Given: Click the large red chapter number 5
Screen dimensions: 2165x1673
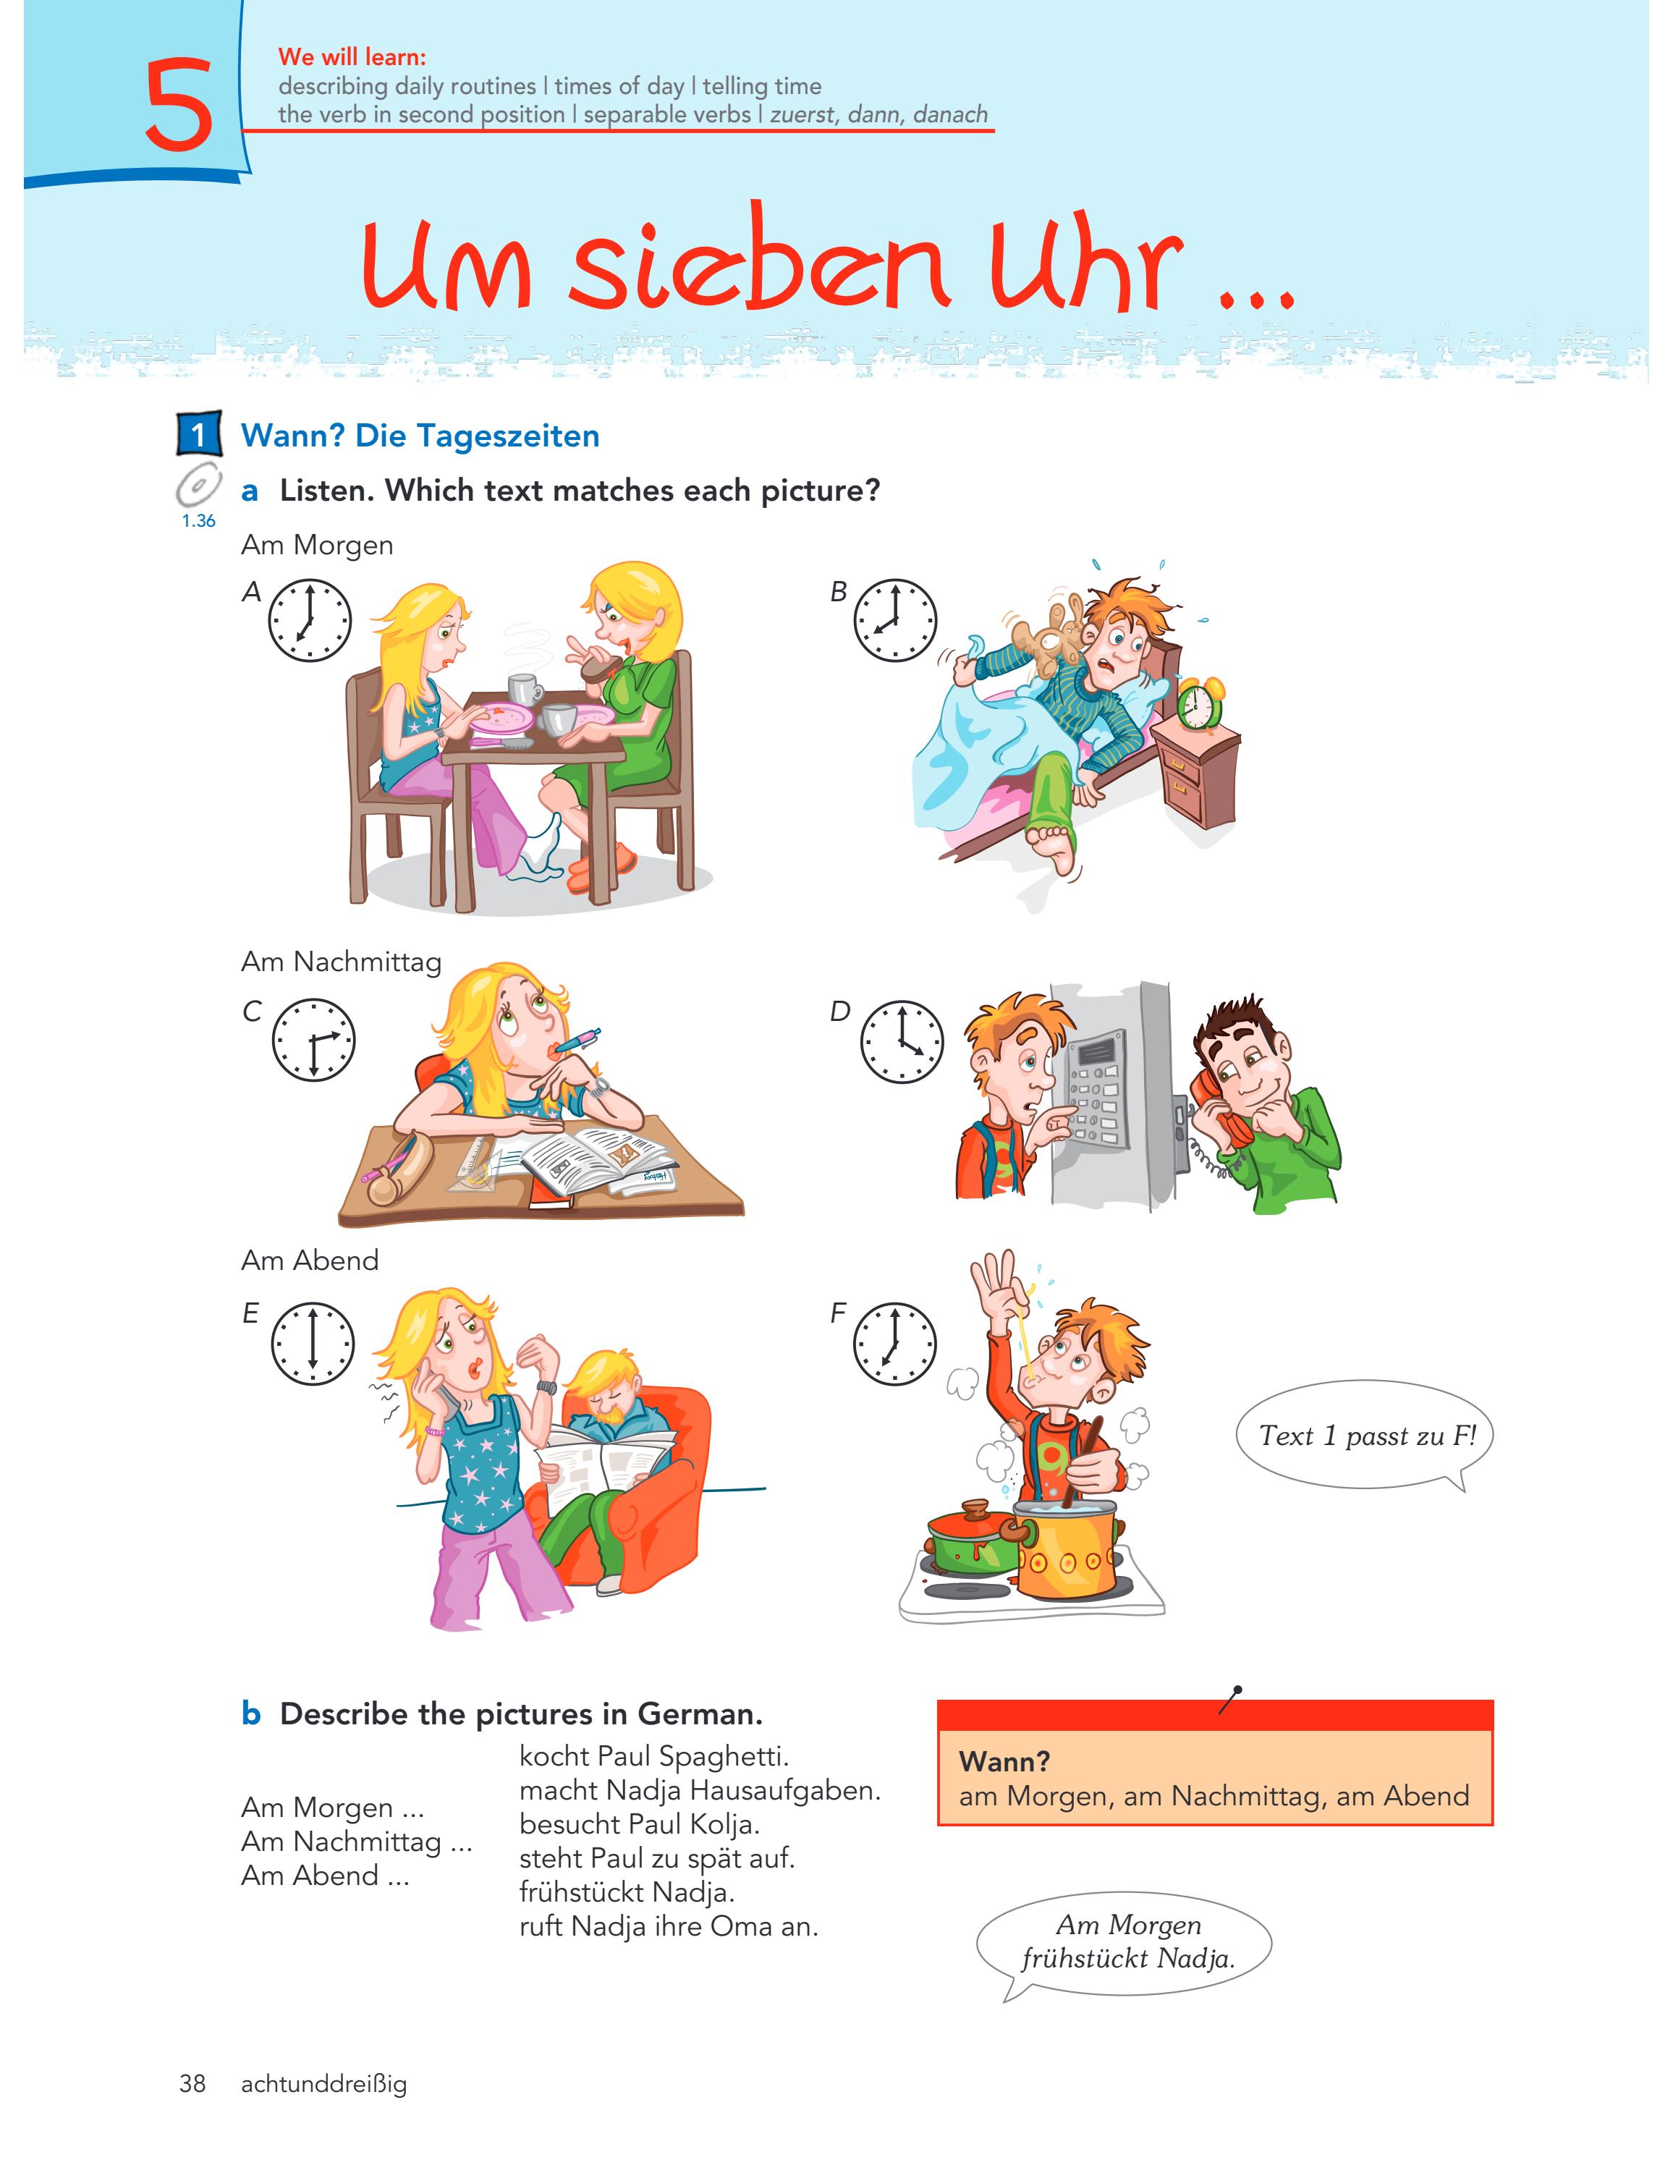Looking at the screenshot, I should pyautogui.click(x=179, y=105).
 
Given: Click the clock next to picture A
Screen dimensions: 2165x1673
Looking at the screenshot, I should pyautogui.click(x=310, y=621).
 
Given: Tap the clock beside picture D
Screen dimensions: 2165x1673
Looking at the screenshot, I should pyautogui.click(x=901, y=1041).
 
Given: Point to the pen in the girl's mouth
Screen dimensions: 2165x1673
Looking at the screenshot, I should pyautogui.click(x=576, y=1040).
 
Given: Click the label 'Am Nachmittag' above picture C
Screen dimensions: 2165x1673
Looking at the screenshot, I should pyautogui.click(x=341, y=962).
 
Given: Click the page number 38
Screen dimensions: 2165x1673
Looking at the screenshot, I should pyautogui.click(x=192, y=2084).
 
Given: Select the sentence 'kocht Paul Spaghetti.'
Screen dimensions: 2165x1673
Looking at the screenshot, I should pyautogui.click(x=654, y=1755).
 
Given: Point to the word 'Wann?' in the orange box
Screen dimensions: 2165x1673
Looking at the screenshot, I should pyautogui.click(x=1004, y=1761).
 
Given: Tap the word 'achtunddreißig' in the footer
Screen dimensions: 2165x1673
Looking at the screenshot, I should pyautogui.click(x=324, y=2084).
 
